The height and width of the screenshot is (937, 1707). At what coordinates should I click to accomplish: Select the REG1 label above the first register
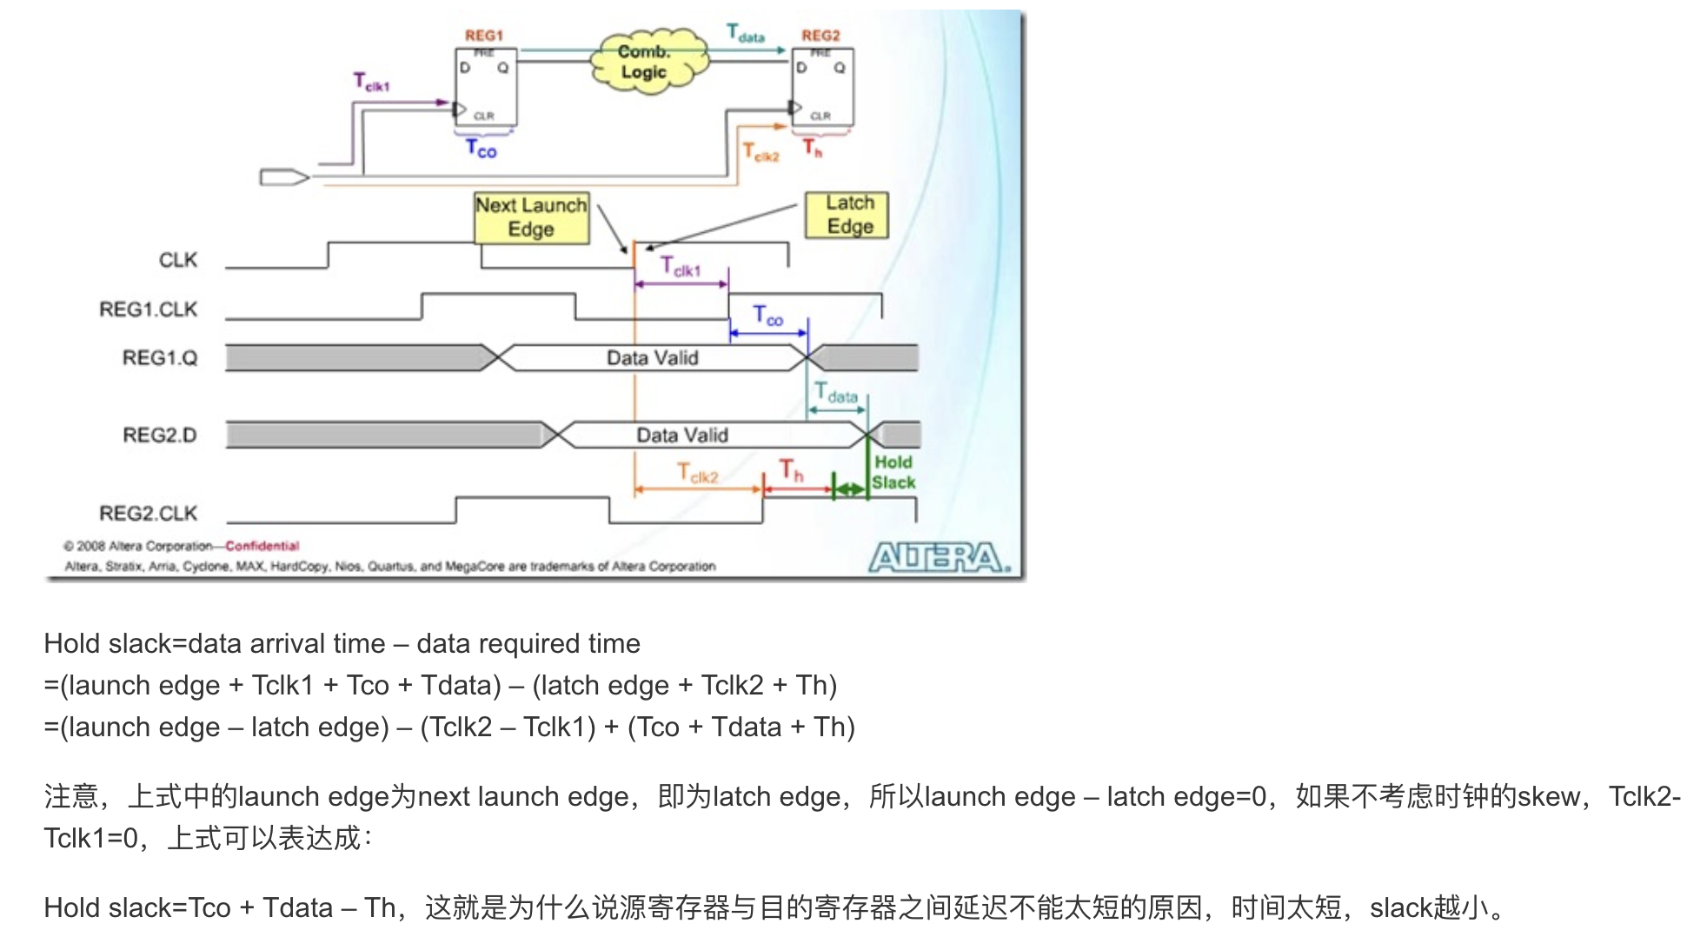[483, 36]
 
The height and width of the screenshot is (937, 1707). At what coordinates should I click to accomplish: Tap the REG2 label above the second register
[820, 36]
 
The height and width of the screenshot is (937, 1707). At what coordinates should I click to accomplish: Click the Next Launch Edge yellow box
[531, 217]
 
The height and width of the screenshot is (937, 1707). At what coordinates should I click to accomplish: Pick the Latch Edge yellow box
[847, 215]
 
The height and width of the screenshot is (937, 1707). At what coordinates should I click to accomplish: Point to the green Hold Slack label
[893, 472]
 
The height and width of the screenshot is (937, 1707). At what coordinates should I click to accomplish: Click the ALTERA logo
[940, 557]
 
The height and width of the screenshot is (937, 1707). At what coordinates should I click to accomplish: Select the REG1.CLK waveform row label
[149, 309]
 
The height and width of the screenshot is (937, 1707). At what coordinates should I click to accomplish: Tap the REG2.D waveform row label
[160, 435]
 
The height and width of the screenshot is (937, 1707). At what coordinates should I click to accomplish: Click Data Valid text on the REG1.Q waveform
[652, 358]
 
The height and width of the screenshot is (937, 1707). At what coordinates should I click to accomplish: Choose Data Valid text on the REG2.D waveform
[682, 435]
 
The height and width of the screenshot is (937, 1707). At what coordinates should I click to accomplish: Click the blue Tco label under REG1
[481, 150]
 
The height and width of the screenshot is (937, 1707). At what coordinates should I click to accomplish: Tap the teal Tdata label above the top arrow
[745, 34]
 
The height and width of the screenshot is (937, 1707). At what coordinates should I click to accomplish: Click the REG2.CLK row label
[149, 513]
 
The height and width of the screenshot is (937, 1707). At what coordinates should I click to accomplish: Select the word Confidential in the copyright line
[262, 546]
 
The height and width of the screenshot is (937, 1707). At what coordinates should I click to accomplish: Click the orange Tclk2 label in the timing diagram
[698, 474]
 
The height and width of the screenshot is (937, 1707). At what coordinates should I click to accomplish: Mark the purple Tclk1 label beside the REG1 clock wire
[371, 83]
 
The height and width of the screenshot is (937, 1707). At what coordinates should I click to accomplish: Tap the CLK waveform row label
[178, 260]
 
